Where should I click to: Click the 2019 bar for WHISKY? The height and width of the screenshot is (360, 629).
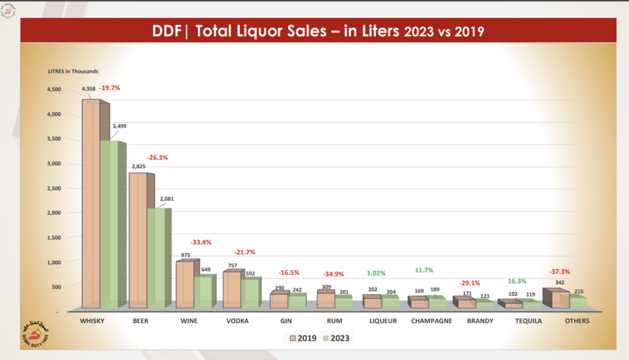(x=91, y=203)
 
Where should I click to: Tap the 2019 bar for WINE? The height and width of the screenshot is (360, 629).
(x=184, y=284)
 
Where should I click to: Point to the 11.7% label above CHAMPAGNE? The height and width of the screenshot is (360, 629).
(x=425, y=269)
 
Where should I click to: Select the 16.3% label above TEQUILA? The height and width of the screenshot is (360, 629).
(x=517, y=281)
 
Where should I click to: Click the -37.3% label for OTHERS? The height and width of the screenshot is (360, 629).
(x=560, y=271)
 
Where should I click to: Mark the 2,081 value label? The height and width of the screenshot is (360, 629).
(x=166, y=198)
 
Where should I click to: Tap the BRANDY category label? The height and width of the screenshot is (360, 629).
(x=480, y=321)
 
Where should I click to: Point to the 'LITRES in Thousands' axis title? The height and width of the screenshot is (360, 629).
(x=73, y=72)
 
